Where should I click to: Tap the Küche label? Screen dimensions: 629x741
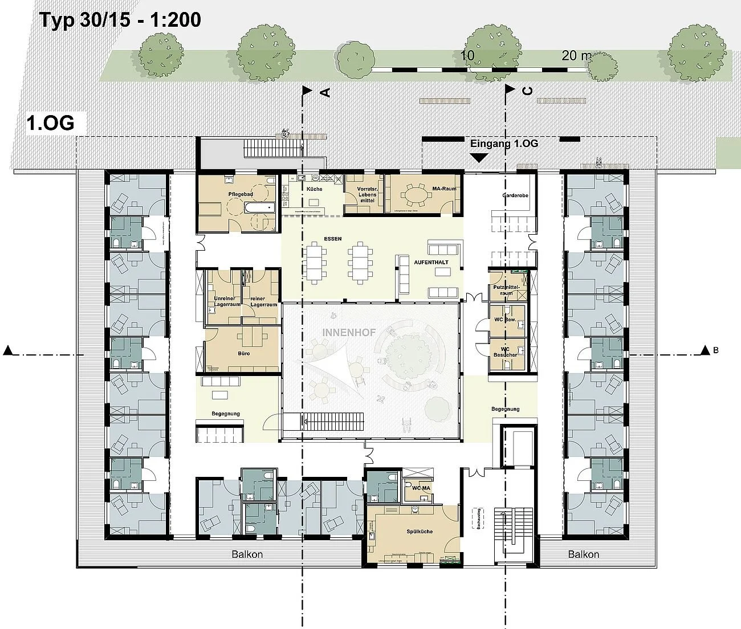pyautogui.click(x=314, y=189)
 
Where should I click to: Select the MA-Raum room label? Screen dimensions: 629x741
pyautogui.click(x=445, y=189)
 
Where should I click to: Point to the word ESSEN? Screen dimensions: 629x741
pyautogui.click(x=332, y=239)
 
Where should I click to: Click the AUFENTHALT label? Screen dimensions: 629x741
pyautogui.click(x=431, y=263)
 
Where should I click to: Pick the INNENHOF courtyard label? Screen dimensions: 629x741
pyautogui.click(x=349, y=332)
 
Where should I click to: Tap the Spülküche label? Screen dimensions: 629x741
pyautogui.click(x=419, y=532)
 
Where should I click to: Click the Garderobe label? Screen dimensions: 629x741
pyautogui.click(x=515, y=195)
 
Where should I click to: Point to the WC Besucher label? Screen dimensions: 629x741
pyautogui.click(x=505, y=352)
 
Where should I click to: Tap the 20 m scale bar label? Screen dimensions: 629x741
pyautogui.click(x=576, y=55)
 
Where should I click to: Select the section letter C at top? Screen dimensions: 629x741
pyautogui.click(x=527, y=91)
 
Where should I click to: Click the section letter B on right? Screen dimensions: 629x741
pyautogui.click(x=715, y=350)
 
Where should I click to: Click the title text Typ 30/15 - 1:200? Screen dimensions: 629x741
pyautogui.click(x=120, y=20)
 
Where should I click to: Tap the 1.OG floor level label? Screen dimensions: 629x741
pyautogui.click(x=50, y=124)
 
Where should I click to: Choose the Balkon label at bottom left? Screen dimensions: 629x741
pyautogui.click(x=247, y=554)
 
